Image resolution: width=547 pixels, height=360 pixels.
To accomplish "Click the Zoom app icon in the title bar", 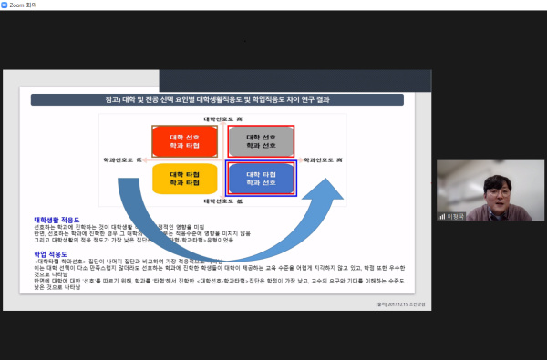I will pos(5,5).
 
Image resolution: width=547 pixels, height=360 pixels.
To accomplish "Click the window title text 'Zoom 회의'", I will pos(23,5).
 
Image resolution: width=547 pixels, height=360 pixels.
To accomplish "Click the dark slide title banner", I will pos(217,100).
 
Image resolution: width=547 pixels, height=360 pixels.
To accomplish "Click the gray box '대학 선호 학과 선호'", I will pos(261,141).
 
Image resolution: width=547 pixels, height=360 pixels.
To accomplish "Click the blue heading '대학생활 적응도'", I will pos(57,220).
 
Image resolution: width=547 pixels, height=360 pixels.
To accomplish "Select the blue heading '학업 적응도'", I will pos(51,254).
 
